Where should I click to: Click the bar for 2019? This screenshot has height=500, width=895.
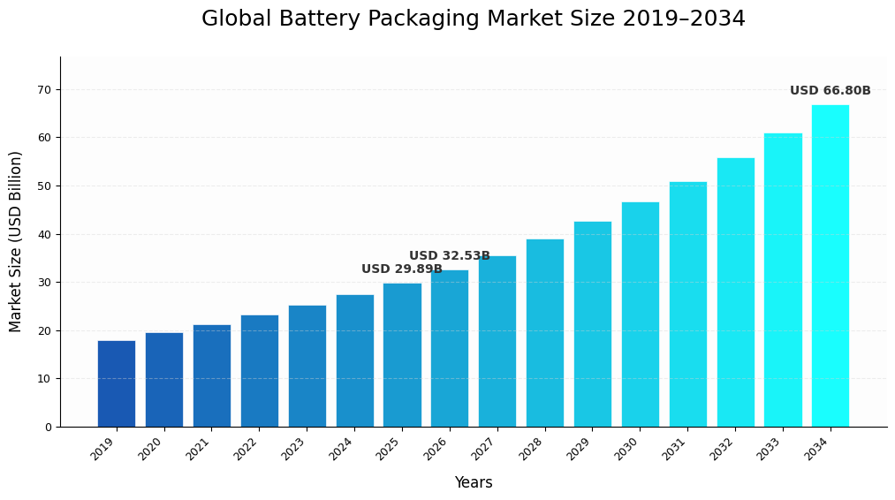pos(117,383)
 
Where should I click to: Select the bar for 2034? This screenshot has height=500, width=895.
pos(831,266)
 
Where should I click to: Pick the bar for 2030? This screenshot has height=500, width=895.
pos(640,314)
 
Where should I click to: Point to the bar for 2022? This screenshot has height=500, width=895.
pos(259,371)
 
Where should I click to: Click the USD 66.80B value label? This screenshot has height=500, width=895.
pos(830,91)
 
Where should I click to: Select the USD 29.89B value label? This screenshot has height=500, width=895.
pos(401,269)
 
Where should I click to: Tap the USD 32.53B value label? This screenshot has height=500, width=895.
pos(449,256)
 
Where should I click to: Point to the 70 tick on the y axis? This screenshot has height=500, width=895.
pos(43,89)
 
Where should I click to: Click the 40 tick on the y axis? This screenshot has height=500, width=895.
pos(43,234)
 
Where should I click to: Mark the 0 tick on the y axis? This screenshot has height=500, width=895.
pos(48,427)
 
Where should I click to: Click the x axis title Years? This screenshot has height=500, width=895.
pos(474,483)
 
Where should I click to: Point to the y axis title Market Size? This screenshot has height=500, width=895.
pos(16,241)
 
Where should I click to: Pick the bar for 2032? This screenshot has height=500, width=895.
pos(735,292)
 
